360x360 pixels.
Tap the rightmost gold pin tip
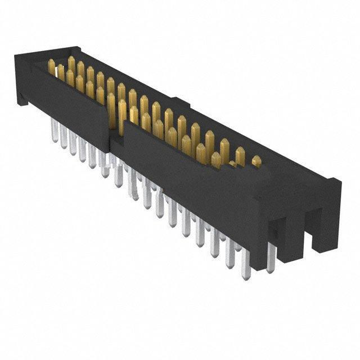[256, 161]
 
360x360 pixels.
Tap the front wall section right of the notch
[186, 169]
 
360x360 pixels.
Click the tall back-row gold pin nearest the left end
[71, 63]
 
